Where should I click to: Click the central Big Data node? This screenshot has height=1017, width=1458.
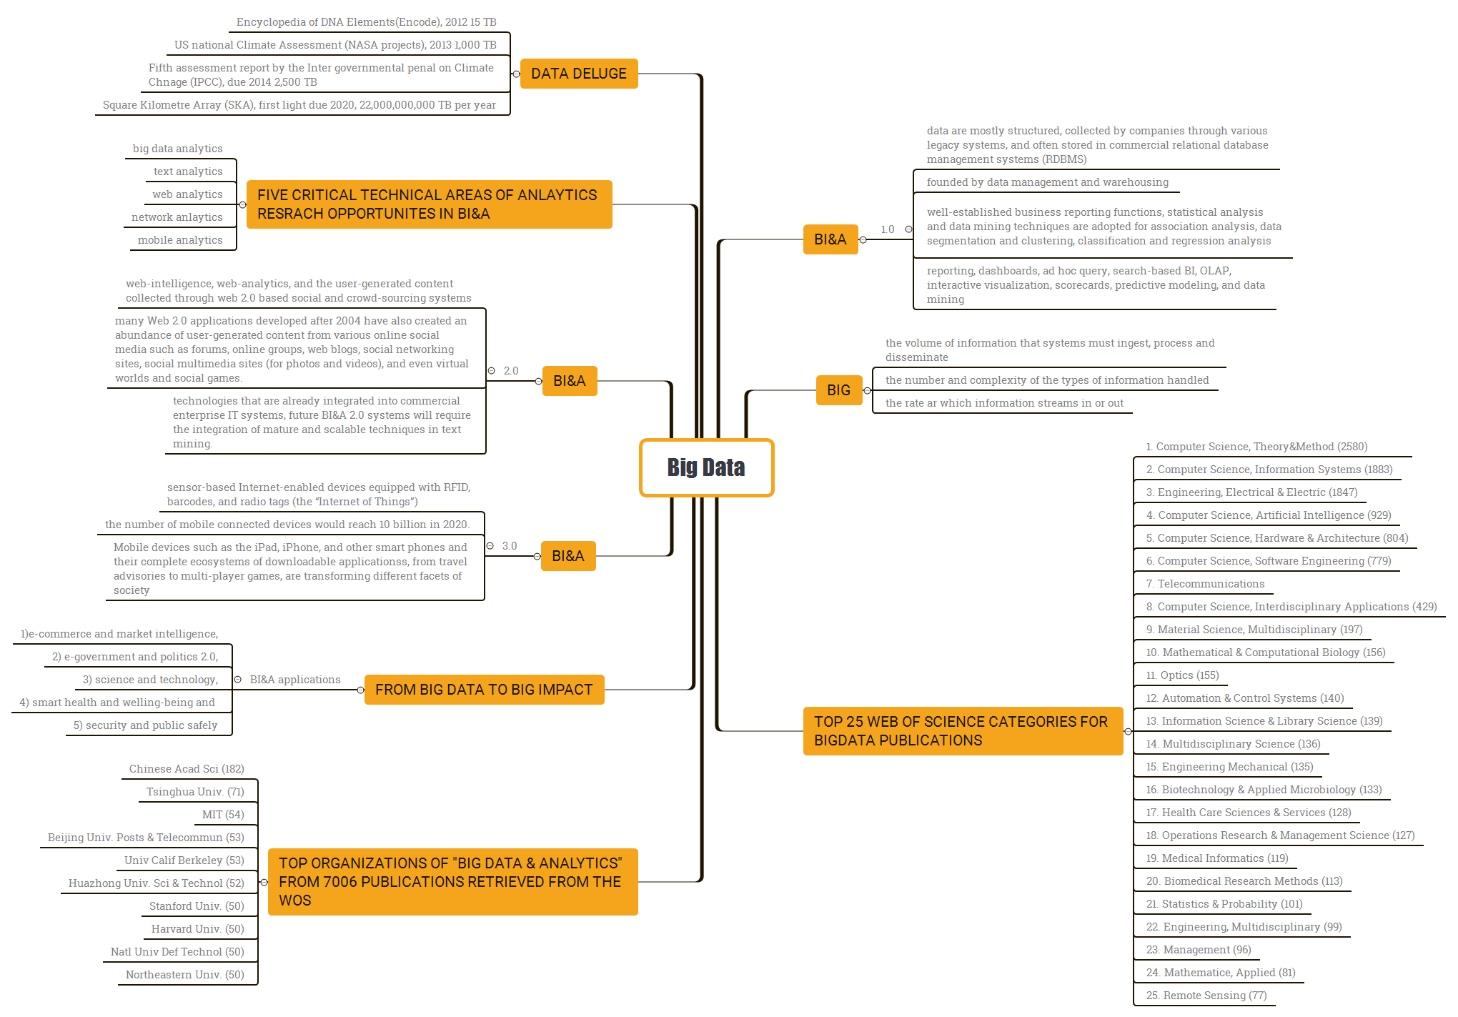click(x=706, y=467)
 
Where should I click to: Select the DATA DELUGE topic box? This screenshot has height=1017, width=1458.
click(x=578, y=74)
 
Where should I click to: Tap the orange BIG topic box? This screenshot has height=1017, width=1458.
click(x=838, y=390)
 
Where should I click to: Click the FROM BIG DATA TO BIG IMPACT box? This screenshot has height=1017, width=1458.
click(x=484, y=690)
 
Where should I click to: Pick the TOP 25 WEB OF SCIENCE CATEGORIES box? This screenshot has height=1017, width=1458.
click(x=962, y=731)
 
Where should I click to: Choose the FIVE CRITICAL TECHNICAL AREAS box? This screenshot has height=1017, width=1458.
click(x=429, y=204)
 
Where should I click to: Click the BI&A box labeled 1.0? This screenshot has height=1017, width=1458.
click(x=830, y=239)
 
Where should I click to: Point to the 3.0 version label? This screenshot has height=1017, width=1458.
click(x=510, y=546)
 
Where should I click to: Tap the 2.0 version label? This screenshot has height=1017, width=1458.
click(x=511, y=371)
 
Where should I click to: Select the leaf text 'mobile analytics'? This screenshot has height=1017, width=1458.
click(x=180, y=240)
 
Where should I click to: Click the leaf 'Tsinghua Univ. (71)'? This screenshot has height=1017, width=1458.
click(x=195, y=792)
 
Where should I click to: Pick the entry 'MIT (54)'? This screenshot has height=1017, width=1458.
click(x=223, y=815)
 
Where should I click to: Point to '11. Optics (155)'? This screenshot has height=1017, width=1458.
click(x=1182, y=675)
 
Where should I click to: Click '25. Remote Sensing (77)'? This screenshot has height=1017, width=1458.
click(x=1206, y=996)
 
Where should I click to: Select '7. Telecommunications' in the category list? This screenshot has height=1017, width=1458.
click(x=1205, y=584)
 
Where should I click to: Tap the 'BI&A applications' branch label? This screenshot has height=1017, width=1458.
click(x=295, y=680)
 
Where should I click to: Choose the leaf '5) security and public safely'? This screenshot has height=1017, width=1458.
click(x=145, y=725)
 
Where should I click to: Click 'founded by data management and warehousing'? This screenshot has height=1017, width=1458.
click(x=1047, y=182)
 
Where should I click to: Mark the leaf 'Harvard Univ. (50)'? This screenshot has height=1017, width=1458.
click(x=197, y=929)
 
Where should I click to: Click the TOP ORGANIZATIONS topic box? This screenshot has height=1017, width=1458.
click(x=452, y=882)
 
